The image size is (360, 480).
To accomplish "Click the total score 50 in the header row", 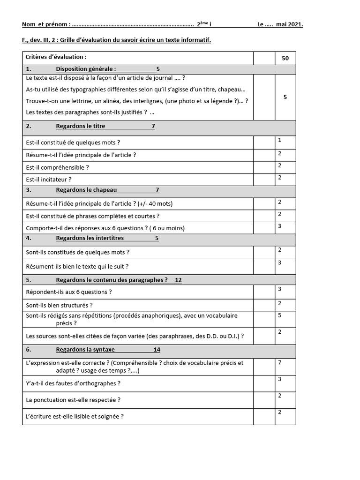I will [x=285, y=59].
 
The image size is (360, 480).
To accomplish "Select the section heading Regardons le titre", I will [x=81, y=126].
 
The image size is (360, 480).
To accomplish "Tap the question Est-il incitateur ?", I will [x=49, y=179].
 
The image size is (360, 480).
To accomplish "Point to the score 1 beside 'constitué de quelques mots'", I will [x=279, y=140].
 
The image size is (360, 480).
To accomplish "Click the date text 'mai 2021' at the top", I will [x=289, y=24].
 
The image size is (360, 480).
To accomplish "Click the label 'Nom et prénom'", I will [x=46, y=24].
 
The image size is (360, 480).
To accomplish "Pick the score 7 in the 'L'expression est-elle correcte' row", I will [x=279, y=362].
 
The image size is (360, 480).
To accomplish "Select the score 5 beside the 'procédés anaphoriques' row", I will [x=279, y=315].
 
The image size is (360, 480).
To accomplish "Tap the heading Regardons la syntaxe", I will [x=85, y=349].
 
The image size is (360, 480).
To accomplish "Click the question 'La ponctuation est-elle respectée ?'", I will [x=73, y=400].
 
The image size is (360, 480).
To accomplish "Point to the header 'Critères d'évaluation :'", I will [x=56, y=57].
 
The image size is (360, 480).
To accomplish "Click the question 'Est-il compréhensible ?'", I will [x=57, y=167].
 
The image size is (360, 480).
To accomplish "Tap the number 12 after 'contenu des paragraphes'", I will [x=178, y=280].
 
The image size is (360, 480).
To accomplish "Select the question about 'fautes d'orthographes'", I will [x=73, y=383].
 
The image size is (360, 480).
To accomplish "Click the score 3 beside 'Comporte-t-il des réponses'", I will [x=279, y=226].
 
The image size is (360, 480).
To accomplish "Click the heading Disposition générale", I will [x=86, y=69].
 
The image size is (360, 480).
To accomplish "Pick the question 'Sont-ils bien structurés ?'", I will [x=62, y=305].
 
